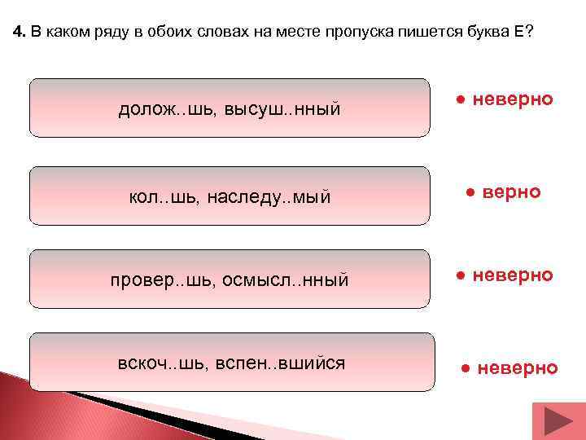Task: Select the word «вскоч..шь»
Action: point(158,362)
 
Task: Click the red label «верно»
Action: point(511,191)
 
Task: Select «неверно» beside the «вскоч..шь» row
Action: point(518,368)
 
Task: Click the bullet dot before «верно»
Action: point(470,192)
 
